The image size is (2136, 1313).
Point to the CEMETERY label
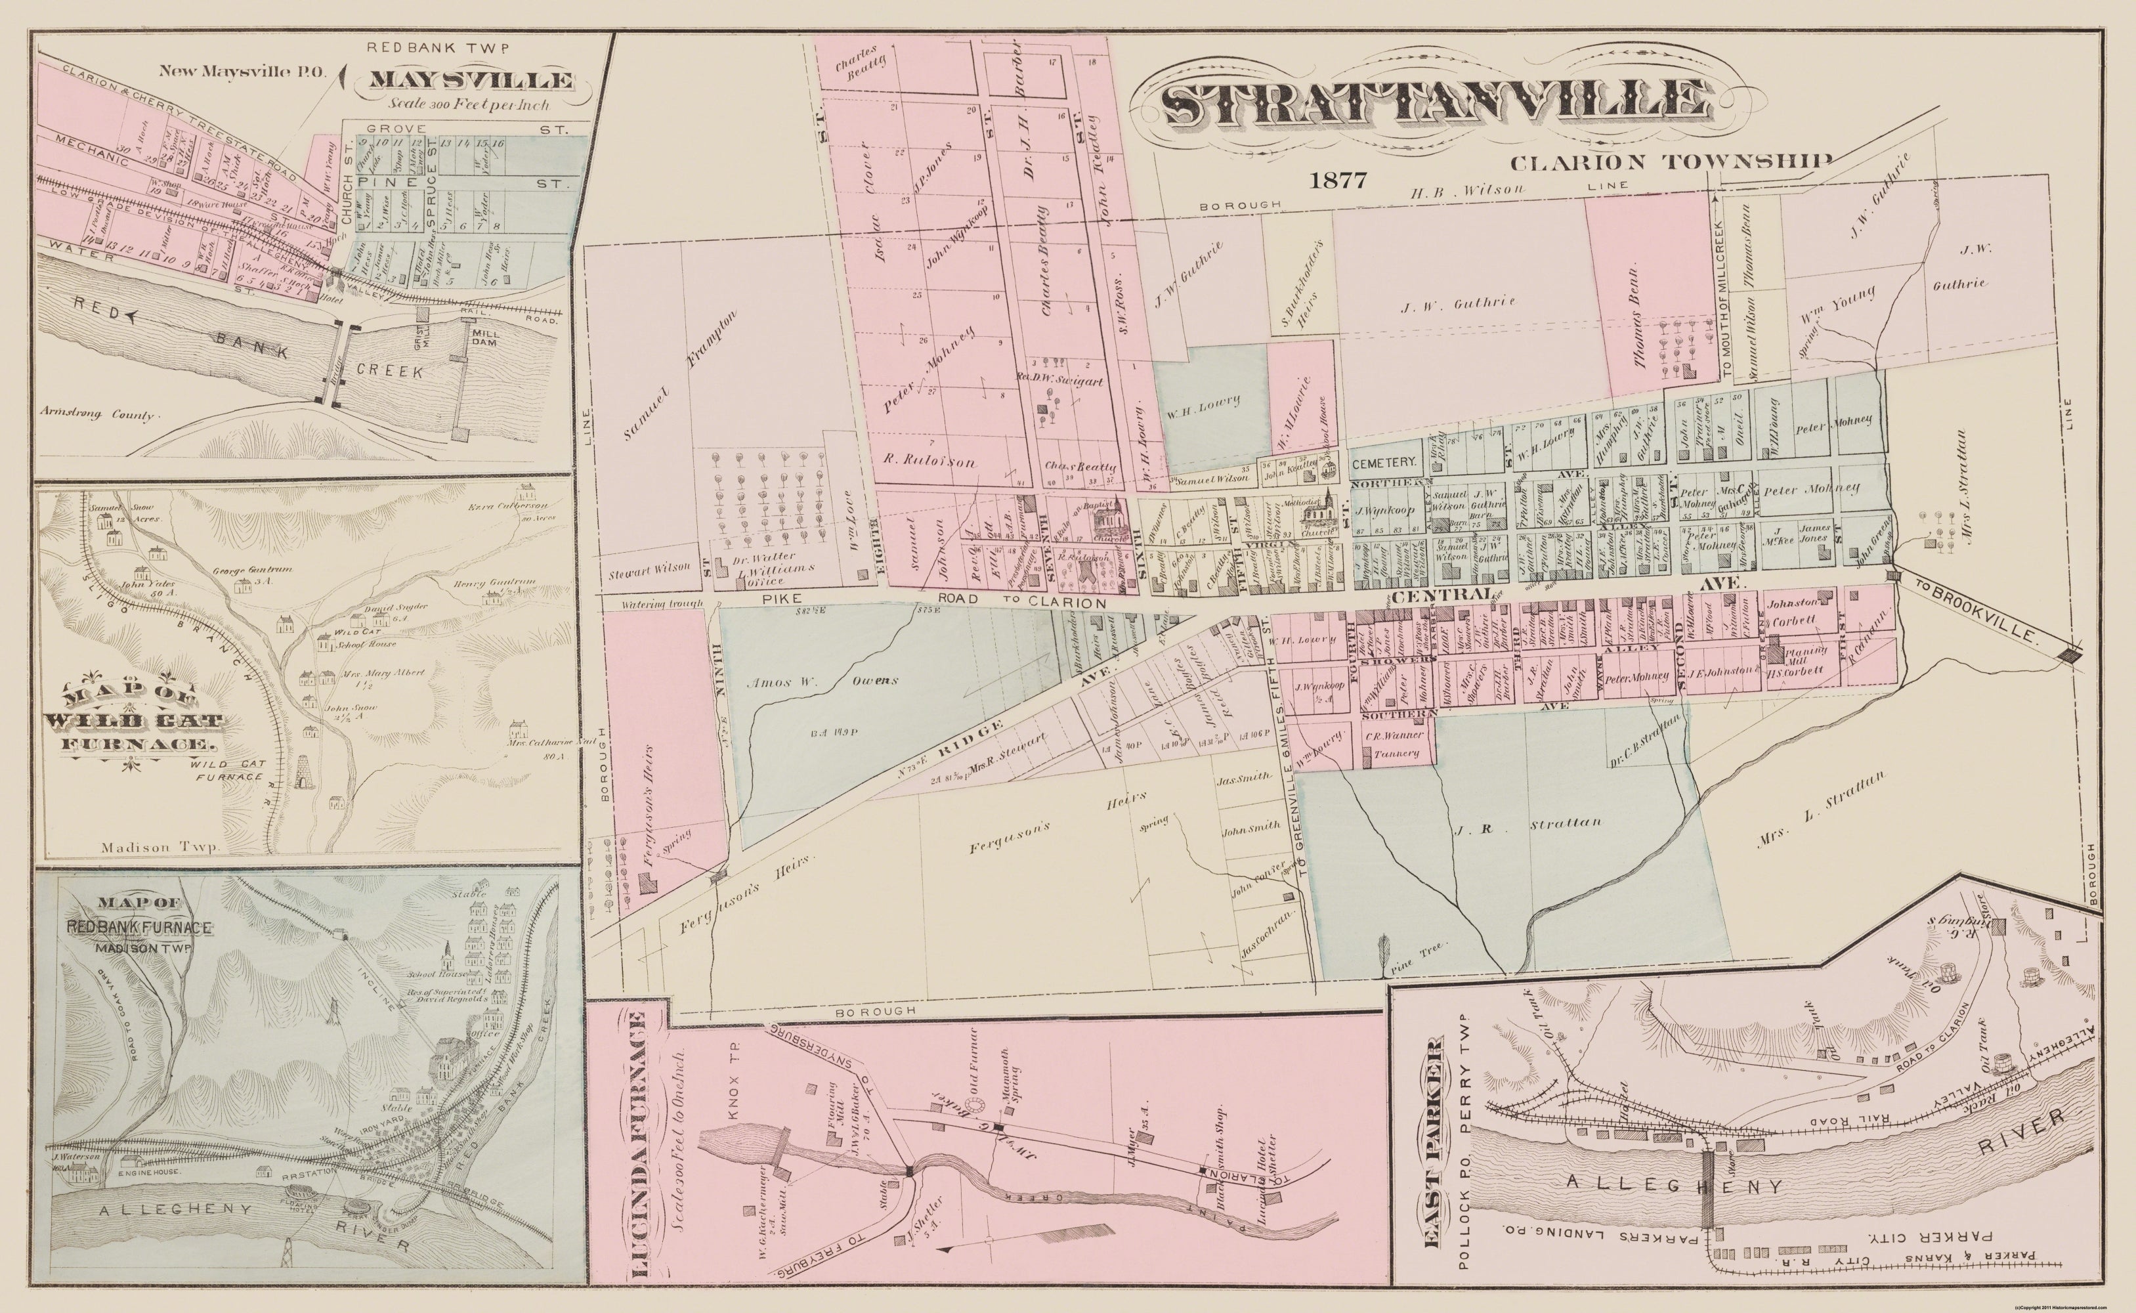(x=1385, y=465)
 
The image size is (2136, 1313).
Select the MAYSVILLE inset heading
(x=471, y=81)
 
